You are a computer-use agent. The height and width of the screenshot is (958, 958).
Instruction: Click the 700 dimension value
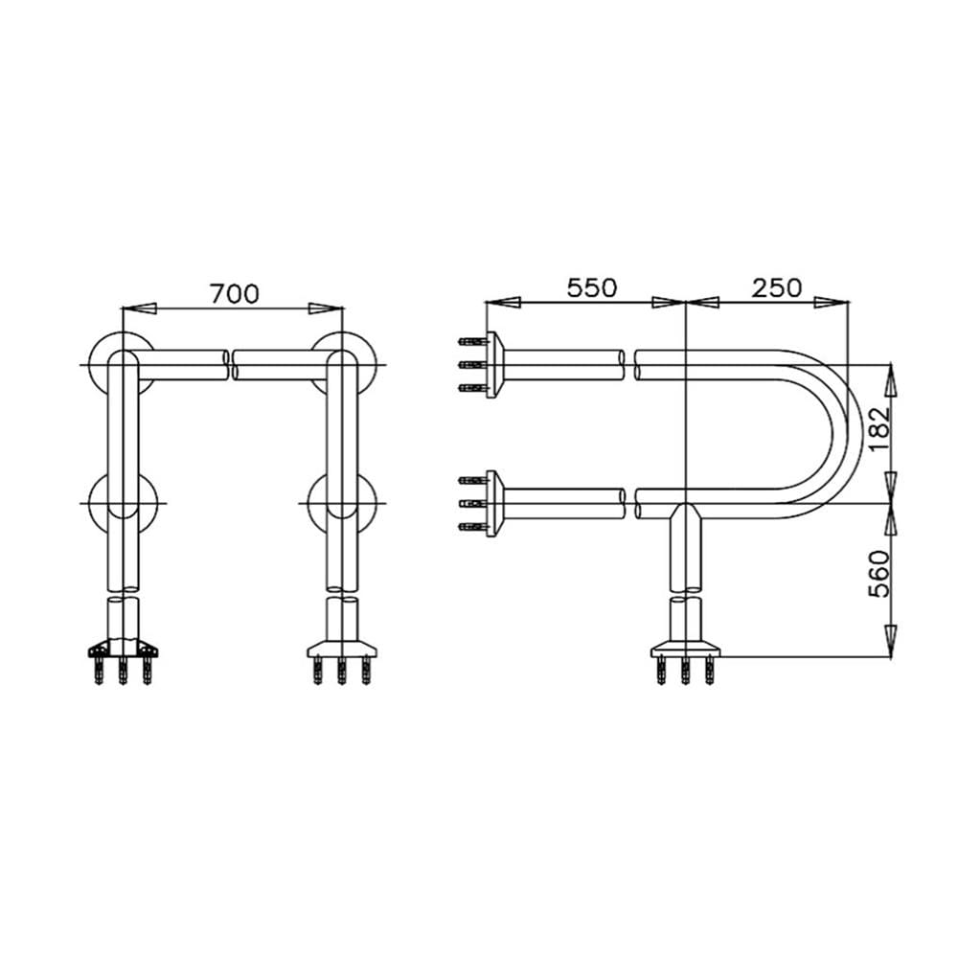pos(235,294)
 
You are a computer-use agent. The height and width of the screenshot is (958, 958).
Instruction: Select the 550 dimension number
pos(592,287)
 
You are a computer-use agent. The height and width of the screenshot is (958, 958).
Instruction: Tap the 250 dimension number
pos(776,287)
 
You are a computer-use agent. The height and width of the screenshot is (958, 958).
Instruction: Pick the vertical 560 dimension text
pos(879,574)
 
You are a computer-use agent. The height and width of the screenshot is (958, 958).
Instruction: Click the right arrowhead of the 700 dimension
pos(327,308)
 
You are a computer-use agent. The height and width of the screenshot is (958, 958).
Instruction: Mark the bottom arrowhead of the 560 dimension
pos(891,642)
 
